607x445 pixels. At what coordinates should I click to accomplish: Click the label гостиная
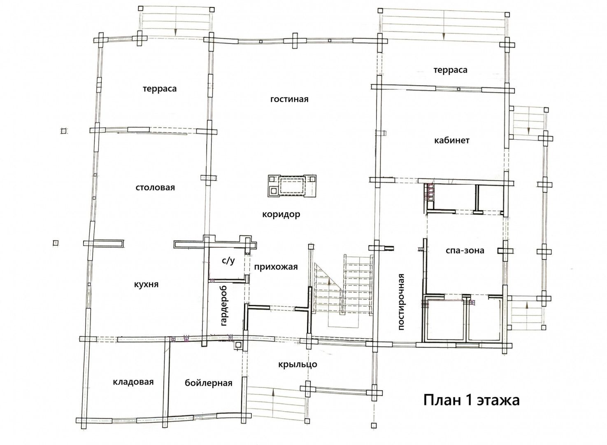[289, 99]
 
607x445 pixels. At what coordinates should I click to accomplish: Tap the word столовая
[155, 187]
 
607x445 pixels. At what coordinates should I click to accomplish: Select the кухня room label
[147, 285]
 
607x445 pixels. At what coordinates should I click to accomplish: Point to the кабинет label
[452, 140]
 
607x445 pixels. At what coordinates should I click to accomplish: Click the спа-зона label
[465, 250]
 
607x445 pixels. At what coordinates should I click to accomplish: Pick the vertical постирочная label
[401, 302]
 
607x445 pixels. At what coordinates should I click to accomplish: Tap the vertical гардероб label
[224, 306]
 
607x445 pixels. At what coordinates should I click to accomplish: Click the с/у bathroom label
[228, 261]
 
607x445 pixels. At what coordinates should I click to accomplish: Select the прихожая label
[276, 267]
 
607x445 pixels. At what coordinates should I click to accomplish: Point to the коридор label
[281, 215]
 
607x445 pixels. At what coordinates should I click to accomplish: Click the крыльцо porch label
[298, 364]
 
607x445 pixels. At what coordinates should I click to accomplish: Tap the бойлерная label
[209, 383]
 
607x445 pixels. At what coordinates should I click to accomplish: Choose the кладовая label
[133, 382]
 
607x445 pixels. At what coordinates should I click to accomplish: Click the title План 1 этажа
[472, 400]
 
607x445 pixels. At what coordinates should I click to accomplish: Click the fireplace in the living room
[292, 185]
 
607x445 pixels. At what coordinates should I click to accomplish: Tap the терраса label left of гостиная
[160, 89]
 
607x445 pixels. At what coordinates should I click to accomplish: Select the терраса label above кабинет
[450, 70]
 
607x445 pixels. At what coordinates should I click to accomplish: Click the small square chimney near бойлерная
[238, 345]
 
